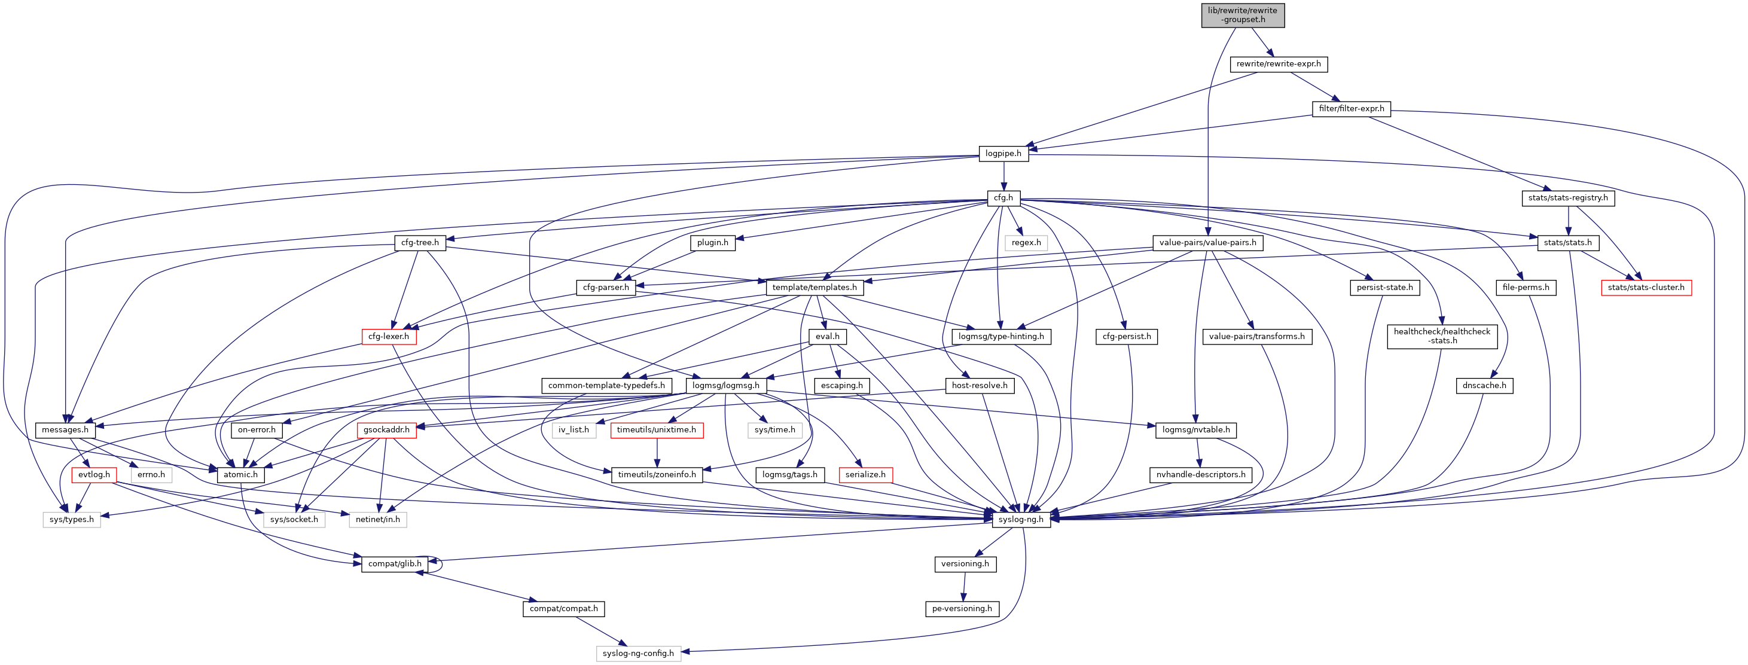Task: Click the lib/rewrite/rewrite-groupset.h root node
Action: (x=1243, y=15)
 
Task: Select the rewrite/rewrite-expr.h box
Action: (x=1279, y=65)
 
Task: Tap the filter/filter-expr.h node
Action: (x=1351, y=109)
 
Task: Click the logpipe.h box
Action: (x=1003, y=153)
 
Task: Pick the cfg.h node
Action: (x=1003, y=198)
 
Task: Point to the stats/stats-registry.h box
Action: (x=1567, y=198)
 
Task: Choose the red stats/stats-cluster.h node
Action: (x=1646, y=288)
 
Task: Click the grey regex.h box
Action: (x=1026, y=243)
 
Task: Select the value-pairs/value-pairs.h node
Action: (x=1207, y=243)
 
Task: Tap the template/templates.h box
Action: (x=814, y=288)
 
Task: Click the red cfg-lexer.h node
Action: (x=389, y=337)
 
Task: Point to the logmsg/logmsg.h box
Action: (x=725, y=386)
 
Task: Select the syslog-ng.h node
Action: (x=1021, y=520)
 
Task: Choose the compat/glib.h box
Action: (x=394, y=564)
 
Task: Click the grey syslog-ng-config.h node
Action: (x=638, y=654)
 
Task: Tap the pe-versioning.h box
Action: (x=962, y=609)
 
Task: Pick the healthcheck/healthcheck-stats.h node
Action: (x=1442, y=337)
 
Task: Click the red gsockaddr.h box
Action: (x=386, y=430)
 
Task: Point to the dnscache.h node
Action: (x=1484, y=386)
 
